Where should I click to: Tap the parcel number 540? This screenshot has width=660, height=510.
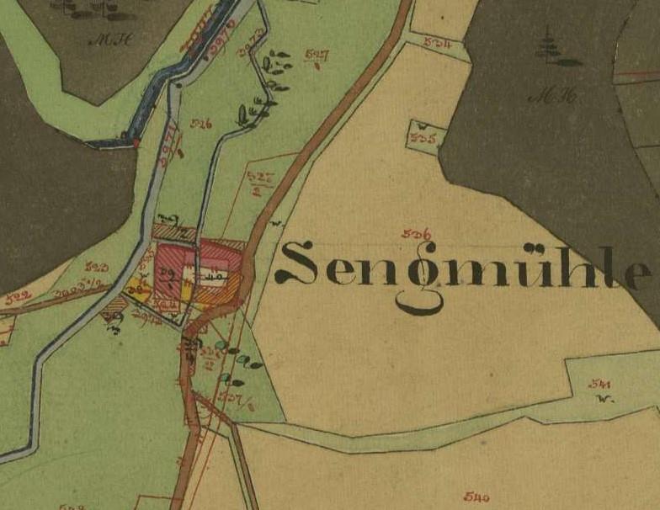coord(476,497)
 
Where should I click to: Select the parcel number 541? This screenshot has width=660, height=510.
coord(600,384)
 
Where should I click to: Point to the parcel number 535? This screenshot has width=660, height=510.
coord(424,140)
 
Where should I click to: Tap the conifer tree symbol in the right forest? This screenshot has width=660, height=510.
coord(551,46)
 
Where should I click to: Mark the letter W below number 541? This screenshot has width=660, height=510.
coord(603,399)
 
